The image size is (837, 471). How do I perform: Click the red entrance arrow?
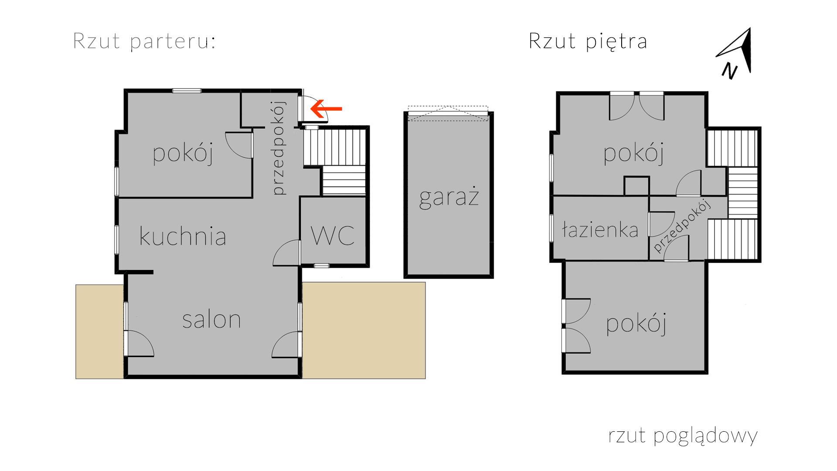[326, 109]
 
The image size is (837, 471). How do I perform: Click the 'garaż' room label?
[449, 197]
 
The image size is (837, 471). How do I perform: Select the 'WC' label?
[332, 235]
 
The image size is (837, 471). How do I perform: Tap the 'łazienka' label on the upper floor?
[600, 229]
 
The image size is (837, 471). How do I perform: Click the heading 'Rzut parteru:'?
[144, 41]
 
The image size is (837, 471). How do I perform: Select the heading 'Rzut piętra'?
[588, 41]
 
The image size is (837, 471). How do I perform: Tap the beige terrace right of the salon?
[364, 330]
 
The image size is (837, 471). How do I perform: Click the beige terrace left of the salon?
[100, 331]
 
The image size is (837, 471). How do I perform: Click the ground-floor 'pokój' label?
[183, 154]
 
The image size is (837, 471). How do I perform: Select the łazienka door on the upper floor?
[661, 224]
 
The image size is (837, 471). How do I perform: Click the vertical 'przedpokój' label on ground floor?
[279, 148]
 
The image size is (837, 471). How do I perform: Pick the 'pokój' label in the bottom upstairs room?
[636, 324]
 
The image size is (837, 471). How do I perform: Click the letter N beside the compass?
[729, 71]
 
